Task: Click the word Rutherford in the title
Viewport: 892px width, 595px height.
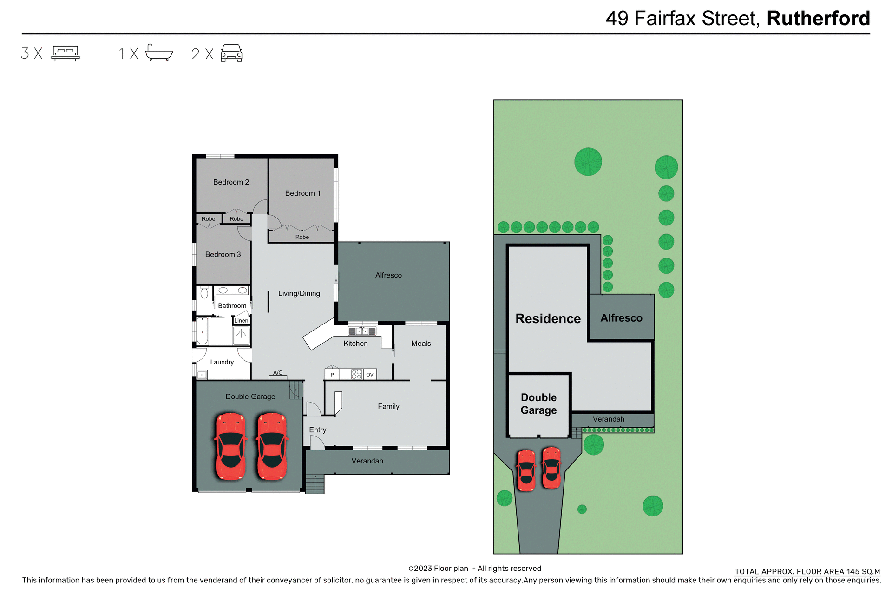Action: tap(818, 19)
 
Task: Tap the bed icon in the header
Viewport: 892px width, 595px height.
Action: tap(66, 53)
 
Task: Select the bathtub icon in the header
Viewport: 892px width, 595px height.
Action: tap(159, 53)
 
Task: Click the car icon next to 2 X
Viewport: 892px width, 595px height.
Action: tap(231, 53)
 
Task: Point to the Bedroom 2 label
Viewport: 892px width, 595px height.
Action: tap(231, 182)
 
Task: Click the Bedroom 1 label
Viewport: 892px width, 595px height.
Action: tap(302, 193)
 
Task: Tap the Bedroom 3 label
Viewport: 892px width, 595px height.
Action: tap(223, 255)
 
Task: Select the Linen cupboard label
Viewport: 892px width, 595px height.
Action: tap(241, 321)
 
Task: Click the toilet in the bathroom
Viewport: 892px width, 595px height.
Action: tap(204, 293)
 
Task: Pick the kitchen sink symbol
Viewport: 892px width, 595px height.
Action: tap(362, 331)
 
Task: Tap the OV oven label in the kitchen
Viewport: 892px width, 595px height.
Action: tap(370, 375)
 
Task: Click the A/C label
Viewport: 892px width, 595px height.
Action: tap(278, 373)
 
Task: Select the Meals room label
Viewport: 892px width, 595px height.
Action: tap(421, 344)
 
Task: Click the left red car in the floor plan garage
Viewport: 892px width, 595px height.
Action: tap(230, 446)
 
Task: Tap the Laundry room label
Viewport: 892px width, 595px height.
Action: tap(222, 362)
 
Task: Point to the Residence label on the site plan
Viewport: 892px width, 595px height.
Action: tap(548, 319)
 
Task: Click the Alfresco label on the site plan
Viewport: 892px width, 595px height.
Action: tap(621, 318)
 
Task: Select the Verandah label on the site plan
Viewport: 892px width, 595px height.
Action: tap(608, 419)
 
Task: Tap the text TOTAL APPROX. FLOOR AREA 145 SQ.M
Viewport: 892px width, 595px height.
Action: tap(807, 572)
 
